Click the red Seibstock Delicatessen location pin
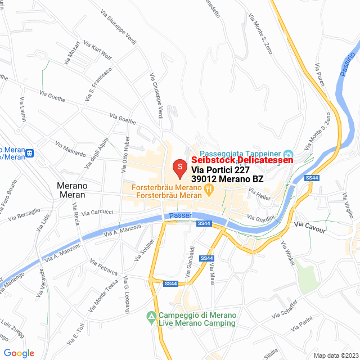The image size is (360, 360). pyautogui.click(x=179, y=167)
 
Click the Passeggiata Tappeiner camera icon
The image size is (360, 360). pyautogui.click(x=288, y=154)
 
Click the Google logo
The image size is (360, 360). pyautogui.click(x=19, y=353)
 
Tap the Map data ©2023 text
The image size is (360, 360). pyautogui.click(x=335, y=355)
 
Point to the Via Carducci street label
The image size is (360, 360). pyautogui.click(x=97, y=213)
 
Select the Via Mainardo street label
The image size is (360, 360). pyautogui.click(x=70, y=149)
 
